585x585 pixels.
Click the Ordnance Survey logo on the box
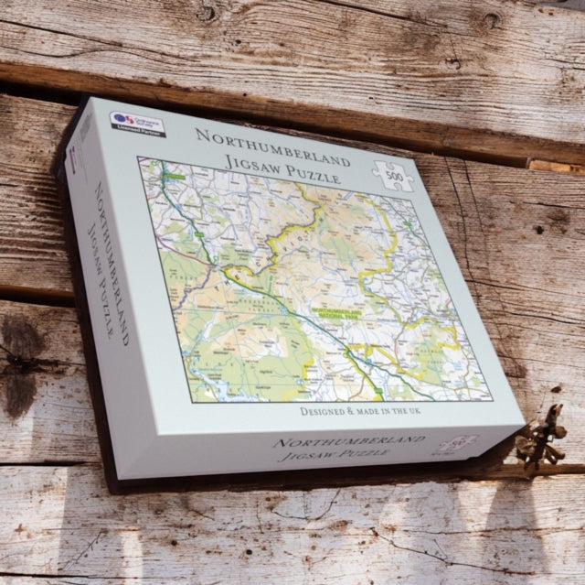[x=125, y=119]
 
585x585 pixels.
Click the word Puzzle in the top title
[x=306, y=174]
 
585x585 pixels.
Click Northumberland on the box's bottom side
[x=347, y=443]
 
